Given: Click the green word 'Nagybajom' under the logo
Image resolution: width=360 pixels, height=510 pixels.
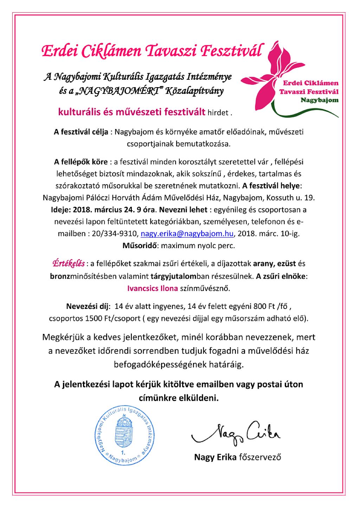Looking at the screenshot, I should coord(319,100).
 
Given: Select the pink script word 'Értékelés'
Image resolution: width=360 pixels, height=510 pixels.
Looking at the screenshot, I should coord(68,263).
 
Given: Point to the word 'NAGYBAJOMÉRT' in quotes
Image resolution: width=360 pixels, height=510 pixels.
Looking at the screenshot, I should coord(121,91).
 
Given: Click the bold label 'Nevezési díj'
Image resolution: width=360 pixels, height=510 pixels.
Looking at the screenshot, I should coord(88,306).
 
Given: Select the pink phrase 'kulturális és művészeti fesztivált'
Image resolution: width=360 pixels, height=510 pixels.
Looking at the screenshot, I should coord(131,112).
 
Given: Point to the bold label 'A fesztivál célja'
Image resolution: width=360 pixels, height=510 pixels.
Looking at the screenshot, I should coord(81,132).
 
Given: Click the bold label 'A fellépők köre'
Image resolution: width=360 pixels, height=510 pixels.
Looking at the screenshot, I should coord(81,162).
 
